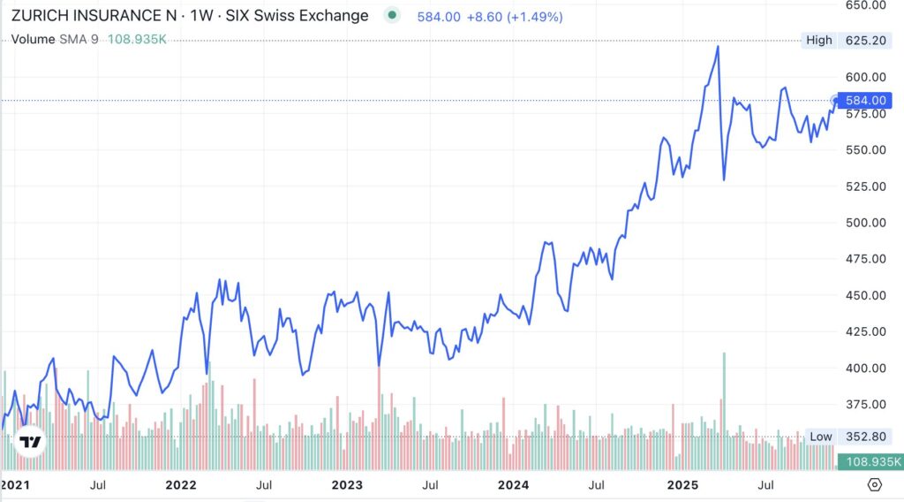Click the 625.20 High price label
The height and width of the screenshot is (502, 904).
point(865,40)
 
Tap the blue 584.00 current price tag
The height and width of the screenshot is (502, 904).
point(865,100)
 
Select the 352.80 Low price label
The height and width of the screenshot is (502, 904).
point(865,436)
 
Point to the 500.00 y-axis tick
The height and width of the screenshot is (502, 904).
point(865,222)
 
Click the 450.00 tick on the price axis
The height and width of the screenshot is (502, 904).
point(865,295)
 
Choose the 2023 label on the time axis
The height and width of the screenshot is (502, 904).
point(347,484)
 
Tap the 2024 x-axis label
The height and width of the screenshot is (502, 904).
point(513,484)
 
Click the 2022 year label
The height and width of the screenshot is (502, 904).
point(180,484)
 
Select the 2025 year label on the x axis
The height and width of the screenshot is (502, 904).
point(683,484)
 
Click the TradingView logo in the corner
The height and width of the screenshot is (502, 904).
point(31,442)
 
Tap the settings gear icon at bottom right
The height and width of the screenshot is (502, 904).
point(875,484)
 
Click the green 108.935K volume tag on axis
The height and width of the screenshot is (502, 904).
point(871,461)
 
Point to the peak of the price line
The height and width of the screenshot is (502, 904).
point(718,46)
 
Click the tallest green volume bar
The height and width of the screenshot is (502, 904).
point(725,398)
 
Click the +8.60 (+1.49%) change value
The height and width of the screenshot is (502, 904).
point(507,16)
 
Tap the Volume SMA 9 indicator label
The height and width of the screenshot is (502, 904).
point(54,40)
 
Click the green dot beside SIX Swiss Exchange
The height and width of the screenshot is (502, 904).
point(392,15)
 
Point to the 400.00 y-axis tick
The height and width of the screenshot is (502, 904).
point(865,368)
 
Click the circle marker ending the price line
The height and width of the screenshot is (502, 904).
point(836,100)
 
